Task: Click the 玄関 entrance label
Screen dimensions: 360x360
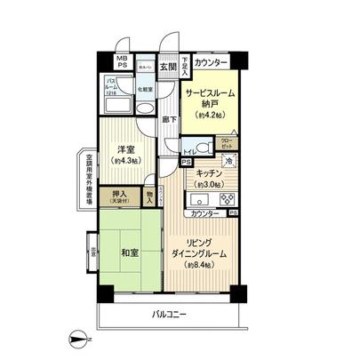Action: (167, 65)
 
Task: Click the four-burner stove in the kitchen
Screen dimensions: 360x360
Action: (223, 198)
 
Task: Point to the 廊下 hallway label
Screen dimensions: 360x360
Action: (166, 119)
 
